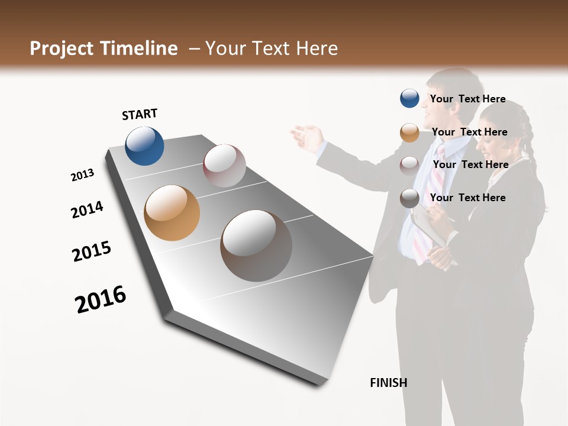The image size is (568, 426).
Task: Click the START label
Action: click(x=140, y=114)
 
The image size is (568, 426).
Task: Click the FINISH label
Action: click(x=388, y=383)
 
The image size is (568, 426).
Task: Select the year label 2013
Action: click(x=82, y=175)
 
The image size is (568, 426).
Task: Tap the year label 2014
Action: click(x=87, y=209)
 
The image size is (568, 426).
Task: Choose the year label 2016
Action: click(x=101, y=299)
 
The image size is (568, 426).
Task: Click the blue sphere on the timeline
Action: click(x=144, y=146)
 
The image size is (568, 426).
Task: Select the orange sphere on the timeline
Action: click(x=172, y=212)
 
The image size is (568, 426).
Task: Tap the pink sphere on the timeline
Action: click(x=224, y=165)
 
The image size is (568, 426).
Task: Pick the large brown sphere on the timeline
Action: click(x=256, y=245)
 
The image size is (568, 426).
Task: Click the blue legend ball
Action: click(x=409, y=98)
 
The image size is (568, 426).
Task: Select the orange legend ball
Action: click(x=409, y=133)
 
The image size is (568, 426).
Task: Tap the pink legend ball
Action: click(x=409, y=165)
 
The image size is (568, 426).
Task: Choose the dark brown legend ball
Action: click(x=409, y=198)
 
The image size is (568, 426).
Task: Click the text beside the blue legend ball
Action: click(x=467, y=99)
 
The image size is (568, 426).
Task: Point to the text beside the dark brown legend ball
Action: click(x=467, y=198)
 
